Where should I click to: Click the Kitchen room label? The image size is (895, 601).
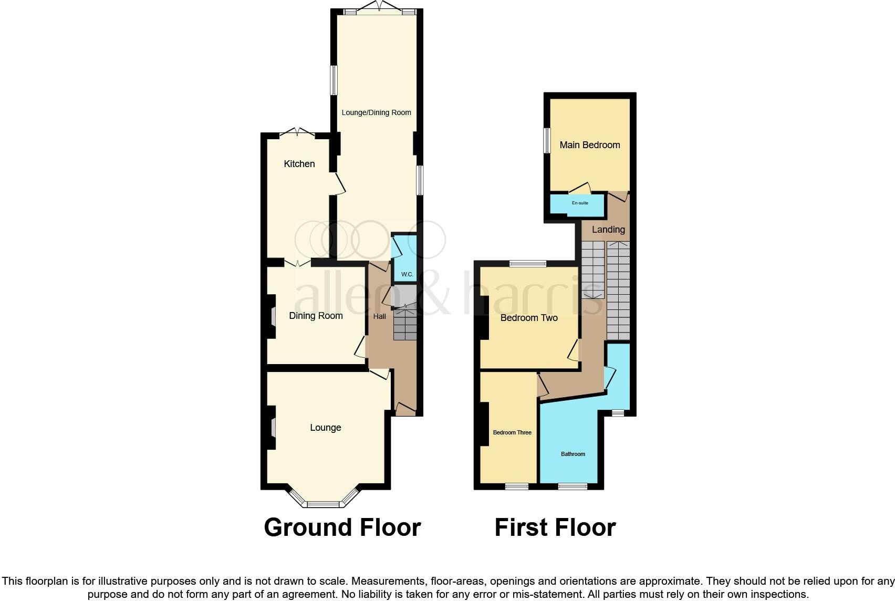(299, 164)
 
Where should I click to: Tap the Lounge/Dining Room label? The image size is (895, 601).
(376, 112)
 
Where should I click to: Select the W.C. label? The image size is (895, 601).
(407, 274)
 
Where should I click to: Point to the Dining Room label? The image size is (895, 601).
(316, 316)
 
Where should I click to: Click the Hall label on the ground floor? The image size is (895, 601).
(379, 316)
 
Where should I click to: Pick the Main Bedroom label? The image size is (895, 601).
(589, 145)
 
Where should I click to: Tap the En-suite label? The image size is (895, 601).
(579, 203)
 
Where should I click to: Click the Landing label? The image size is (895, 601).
(608, 230)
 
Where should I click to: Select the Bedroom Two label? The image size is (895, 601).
(528, 318)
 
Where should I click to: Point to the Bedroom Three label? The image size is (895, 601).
(512, 433)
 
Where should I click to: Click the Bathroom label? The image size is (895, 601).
(573, 454)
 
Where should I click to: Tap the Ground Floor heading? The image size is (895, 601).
(342, 527)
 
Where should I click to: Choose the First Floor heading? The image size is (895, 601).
(555, 527)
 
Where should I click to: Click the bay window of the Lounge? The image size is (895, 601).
(323, 503)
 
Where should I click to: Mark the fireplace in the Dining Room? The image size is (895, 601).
(273, 316)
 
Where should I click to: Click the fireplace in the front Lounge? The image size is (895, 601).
(273, 427)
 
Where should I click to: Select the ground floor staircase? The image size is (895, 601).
(405, 324)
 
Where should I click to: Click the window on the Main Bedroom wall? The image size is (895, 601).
(547, 140)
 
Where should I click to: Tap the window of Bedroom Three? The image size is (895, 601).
(517, 486)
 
